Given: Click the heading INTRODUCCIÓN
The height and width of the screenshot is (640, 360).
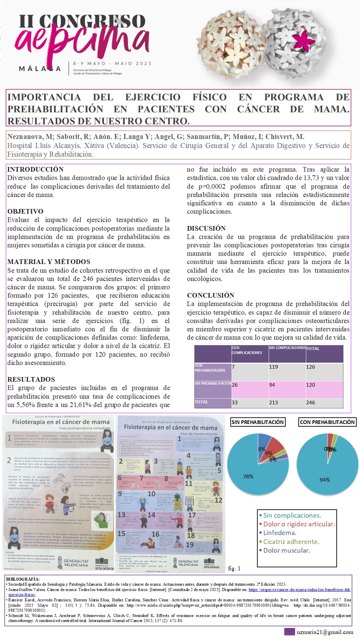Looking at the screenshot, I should click(35, 169).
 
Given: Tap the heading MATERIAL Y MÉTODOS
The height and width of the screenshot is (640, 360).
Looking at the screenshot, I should click(49, 262).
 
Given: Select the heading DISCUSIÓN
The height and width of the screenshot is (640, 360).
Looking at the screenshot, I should click(206, 228).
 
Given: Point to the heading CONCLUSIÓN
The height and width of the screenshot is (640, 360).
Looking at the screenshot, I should click(210, 295).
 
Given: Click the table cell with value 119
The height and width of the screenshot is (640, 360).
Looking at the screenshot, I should click(273, 367).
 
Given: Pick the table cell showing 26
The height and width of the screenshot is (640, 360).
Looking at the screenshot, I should click(235, 385).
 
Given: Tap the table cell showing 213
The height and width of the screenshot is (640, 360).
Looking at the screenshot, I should click(273, 403).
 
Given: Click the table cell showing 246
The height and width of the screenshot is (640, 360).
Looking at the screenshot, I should click(310, 403).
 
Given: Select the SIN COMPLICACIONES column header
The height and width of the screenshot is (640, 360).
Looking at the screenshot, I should click(287, 348).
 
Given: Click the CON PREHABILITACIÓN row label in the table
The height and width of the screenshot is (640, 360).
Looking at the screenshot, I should click(210, 368).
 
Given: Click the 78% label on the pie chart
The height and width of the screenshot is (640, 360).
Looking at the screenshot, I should click(248, 476).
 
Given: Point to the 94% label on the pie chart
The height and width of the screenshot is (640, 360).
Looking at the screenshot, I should click(325, 480).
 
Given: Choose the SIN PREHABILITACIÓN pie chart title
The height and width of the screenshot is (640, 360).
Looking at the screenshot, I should click(257, 422).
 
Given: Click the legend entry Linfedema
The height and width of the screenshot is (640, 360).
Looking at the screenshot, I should click(279, 533).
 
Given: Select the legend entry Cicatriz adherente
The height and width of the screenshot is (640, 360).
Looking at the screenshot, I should click(291, 542).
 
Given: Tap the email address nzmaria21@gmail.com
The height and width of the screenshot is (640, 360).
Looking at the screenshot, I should click(325, 632).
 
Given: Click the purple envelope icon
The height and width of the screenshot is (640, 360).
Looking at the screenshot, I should click(289, 632).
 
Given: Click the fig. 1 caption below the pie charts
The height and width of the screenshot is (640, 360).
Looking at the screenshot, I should click(234, 569).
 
